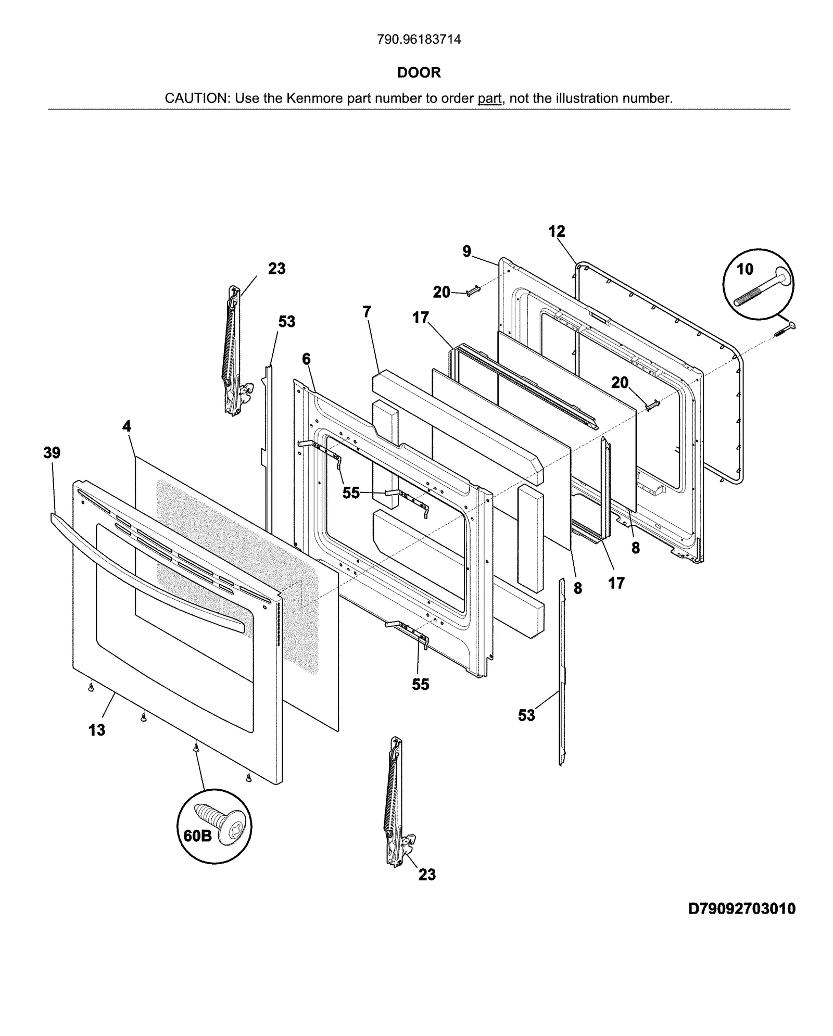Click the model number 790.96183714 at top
[x=419, y=40]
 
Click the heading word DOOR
[x=419, y=72]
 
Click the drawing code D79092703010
[x=741, y=908]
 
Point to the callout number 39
[x=52, y=453]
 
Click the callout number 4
[x=127, y=426]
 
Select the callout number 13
[x=97, y=730]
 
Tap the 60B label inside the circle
[x=198, y=850]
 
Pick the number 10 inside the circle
[x=745, y=269]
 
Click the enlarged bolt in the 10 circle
[x=765, y=288]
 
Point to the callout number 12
[x=557, y=231]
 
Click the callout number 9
[x=467, y=251]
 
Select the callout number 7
[x=367, y=312]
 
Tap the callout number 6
[x=306, y=359]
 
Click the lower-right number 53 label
[x=526, y=715]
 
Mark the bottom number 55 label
[x=421, y=684]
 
